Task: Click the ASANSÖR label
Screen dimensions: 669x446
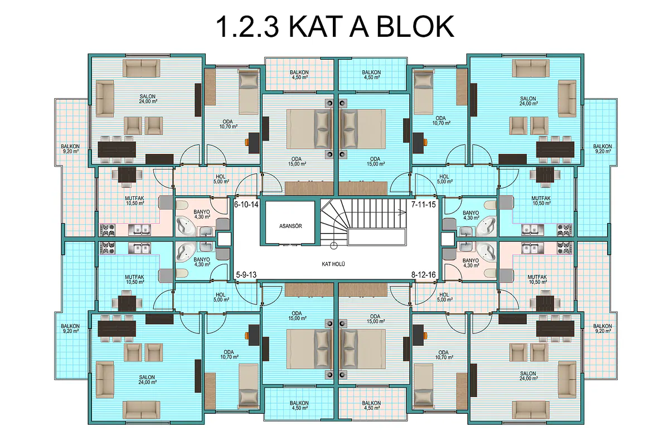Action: [x=290, y=226]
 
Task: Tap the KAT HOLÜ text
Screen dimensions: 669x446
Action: [x=333, y=264]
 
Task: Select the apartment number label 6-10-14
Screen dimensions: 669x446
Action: [x=246, y=205]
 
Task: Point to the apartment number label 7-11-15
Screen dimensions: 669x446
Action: [x=423, y=205]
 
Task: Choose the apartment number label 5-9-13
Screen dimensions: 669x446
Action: [x=246, y=275]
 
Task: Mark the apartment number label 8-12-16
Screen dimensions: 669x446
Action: [x=423, y=275]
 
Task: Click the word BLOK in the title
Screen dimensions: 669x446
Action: [x=415, y=27]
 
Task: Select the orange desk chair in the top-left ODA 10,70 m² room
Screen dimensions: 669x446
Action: [x=247, y=142]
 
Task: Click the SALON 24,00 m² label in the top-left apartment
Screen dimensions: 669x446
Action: [x=148, y=99]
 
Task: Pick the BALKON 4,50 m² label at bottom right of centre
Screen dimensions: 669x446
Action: [x=371, y=405]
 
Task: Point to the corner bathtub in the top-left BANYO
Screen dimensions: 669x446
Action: [x=186, y=226]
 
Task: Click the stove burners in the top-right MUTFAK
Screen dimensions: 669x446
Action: [x=565, y=230]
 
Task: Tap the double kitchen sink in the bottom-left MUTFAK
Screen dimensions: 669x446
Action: [x=139, y=248]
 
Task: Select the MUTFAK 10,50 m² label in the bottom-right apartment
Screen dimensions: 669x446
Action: [x=537, y=280]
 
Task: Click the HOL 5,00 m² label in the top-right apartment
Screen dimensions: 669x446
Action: [x=444, y=180]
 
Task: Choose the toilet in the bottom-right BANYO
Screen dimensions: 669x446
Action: [x=490, y=273]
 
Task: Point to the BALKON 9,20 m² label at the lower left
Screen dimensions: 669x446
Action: [x=70, y=328]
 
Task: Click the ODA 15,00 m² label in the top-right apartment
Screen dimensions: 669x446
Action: [x=375, y=161]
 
